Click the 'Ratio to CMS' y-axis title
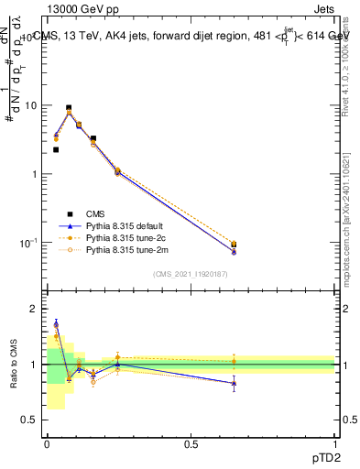(x=13, y=365)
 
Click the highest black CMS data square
(x=68, y=108)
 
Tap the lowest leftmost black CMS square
(x=56, y=149)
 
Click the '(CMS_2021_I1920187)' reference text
(x=190, y=274)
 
